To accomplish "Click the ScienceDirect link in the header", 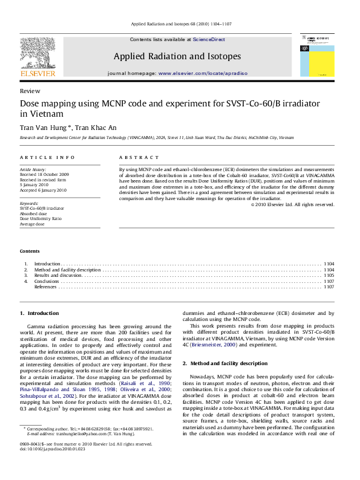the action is pos(209,39).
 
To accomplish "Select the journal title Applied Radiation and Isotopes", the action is pos(177,56).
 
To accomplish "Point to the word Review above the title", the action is pos(27,90).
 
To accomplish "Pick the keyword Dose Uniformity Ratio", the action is pos(41,218).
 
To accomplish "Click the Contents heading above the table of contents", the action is pos(30,251).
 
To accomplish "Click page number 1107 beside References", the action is pos(329,287).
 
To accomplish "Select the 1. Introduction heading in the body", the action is pos(39,313).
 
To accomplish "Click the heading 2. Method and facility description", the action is pos(225,363).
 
